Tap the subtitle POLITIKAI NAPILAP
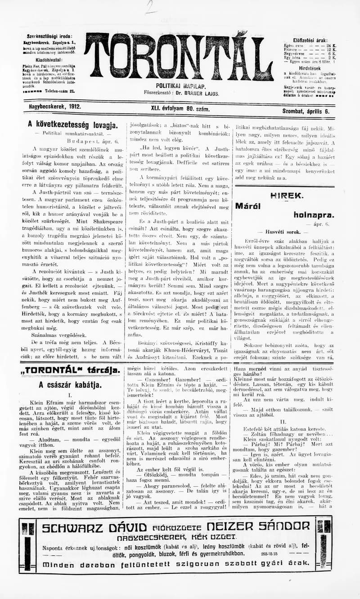point(181,86)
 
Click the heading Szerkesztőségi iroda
point(49,36)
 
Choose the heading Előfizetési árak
point(310,40)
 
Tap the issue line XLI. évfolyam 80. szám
point(181,108)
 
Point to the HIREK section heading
point(286,195)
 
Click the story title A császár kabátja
point(70,384)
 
